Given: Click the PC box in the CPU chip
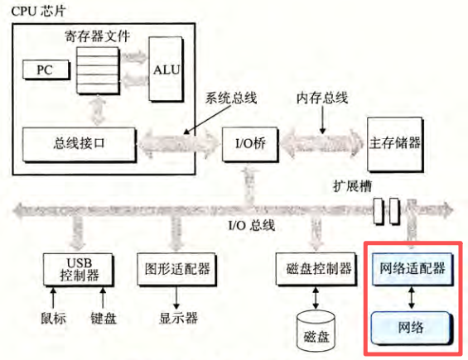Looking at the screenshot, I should tap(44, 68).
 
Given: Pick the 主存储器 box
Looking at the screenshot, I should tap(394, 142).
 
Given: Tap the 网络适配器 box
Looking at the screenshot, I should tap(412, 268).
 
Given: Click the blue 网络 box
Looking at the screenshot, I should tap(412, 326).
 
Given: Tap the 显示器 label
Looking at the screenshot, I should tap(176, 317).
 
